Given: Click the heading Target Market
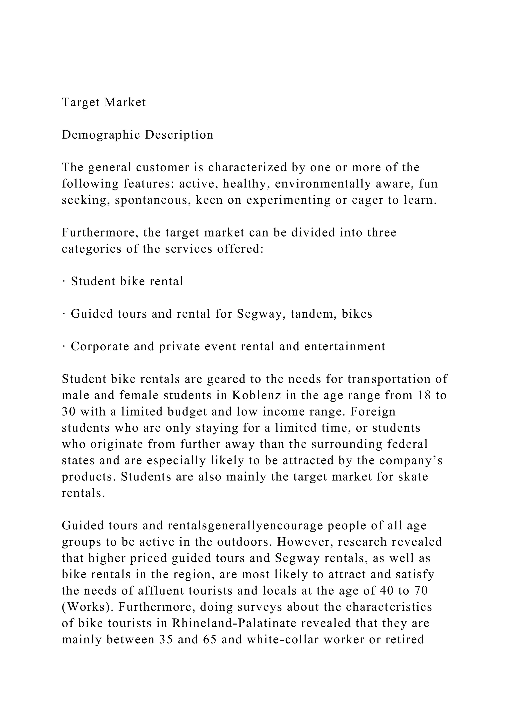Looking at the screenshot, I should pyautogui.click(x=104, y=102).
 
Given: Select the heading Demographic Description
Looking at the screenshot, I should pyautogui.click(x=137, y=135).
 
